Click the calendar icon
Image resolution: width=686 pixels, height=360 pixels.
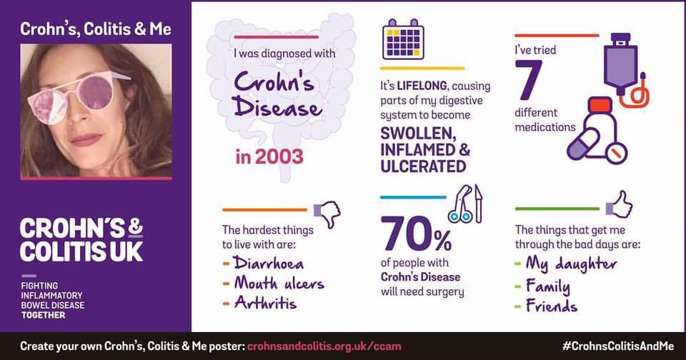pyautogui.click(x=403, y=39)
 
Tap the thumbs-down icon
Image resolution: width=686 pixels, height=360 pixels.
pyautogui.click(x=327, y=213)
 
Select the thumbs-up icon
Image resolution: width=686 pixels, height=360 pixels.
pyautogui.click(x=620, y=205)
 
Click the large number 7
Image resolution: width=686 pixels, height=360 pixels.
pyautogui.click(x=529, y=80)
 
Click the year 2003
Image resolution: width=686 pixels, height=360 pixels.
pyautogui.click(x=269, y=156)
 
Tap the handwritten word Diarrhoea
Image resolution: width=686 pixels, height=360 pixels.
pyautogui.click(x=268, y=263)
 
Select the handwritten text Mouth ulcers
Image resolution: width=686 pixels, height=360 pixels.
pyautogui.click(x=279, y=283)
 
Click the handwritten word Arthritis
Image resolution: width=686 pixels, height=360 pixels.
pyautogui.click(x=265, y=303)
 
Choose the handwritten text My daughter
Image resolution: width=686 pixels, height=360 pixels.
pyautogui.click(x=572, y=264)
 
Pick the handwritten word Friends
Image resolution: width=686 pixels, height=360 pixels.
pyautogui.click(x=551, y=305)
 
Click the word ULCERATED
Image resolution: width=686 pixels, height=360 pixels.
pyautogui.click(x=423, y=166)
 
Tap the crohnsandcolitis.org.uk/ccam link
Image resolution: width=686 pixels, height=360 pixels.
pyautogui.click(x=324, y=346)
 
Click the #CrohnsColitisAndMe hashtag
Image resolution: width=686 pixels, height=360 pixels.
pyautogui.click(x=617, y=346)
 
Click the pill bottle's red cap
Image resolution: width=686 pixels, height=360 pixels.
pyautogui.click(x=600, y=105)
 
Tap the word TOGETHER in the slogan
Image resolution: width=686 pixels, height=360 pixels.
pyautogui.click(x=44, y=315)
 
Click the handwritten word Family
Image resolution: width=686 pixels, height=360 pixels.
pyautogui.click(x=548, y=286)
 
